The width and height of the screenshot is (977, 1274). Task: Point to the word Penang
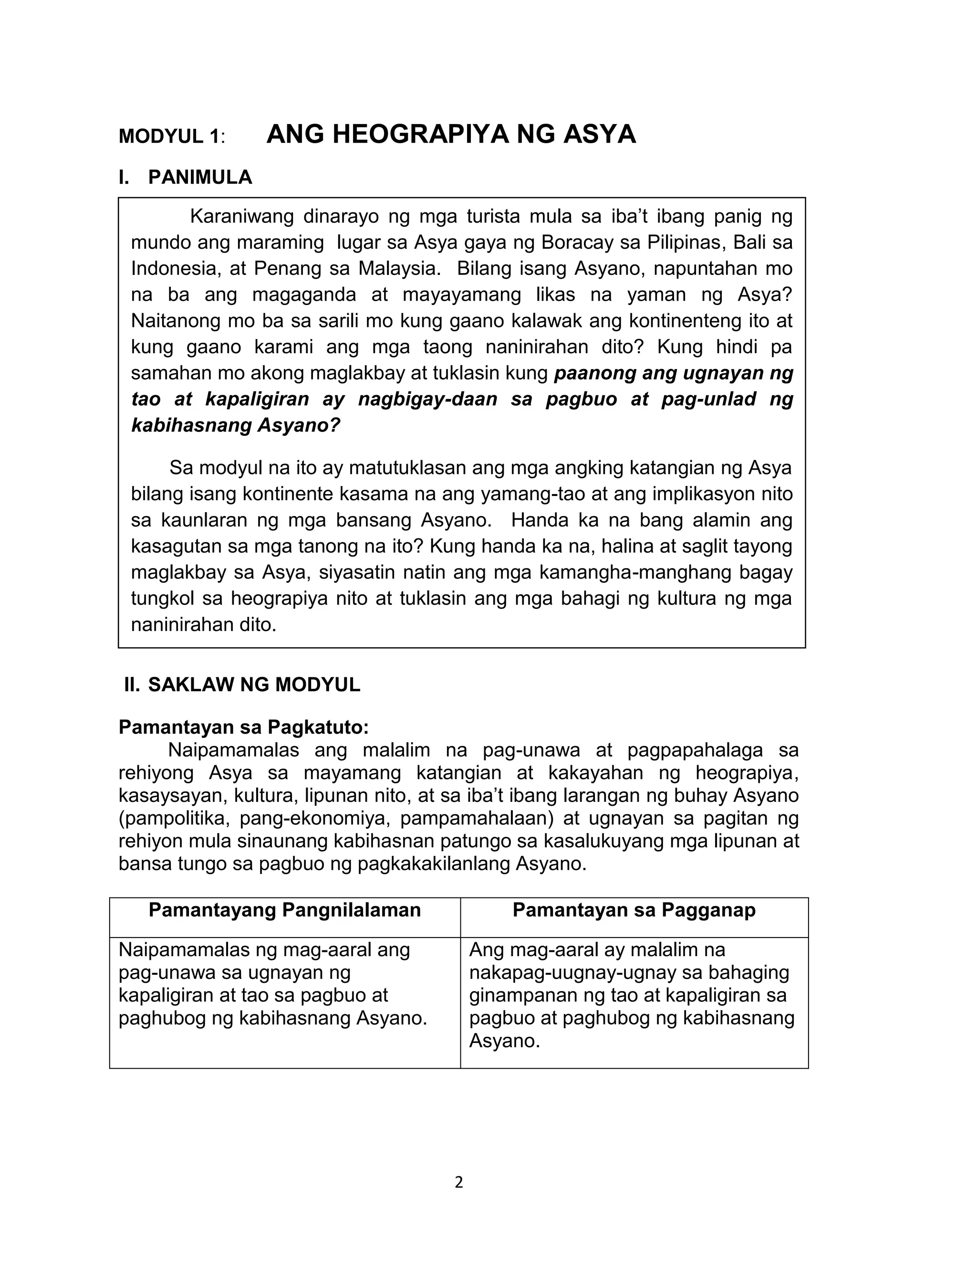(287, 268)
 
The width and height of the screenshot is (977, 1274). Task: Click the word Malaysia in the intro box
(396, 268)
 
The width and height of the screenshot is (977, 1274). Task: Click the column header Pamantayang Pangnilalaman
(284, 910)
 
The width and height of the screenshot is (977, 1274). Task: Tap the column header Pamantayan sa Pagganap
(634, 910)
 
